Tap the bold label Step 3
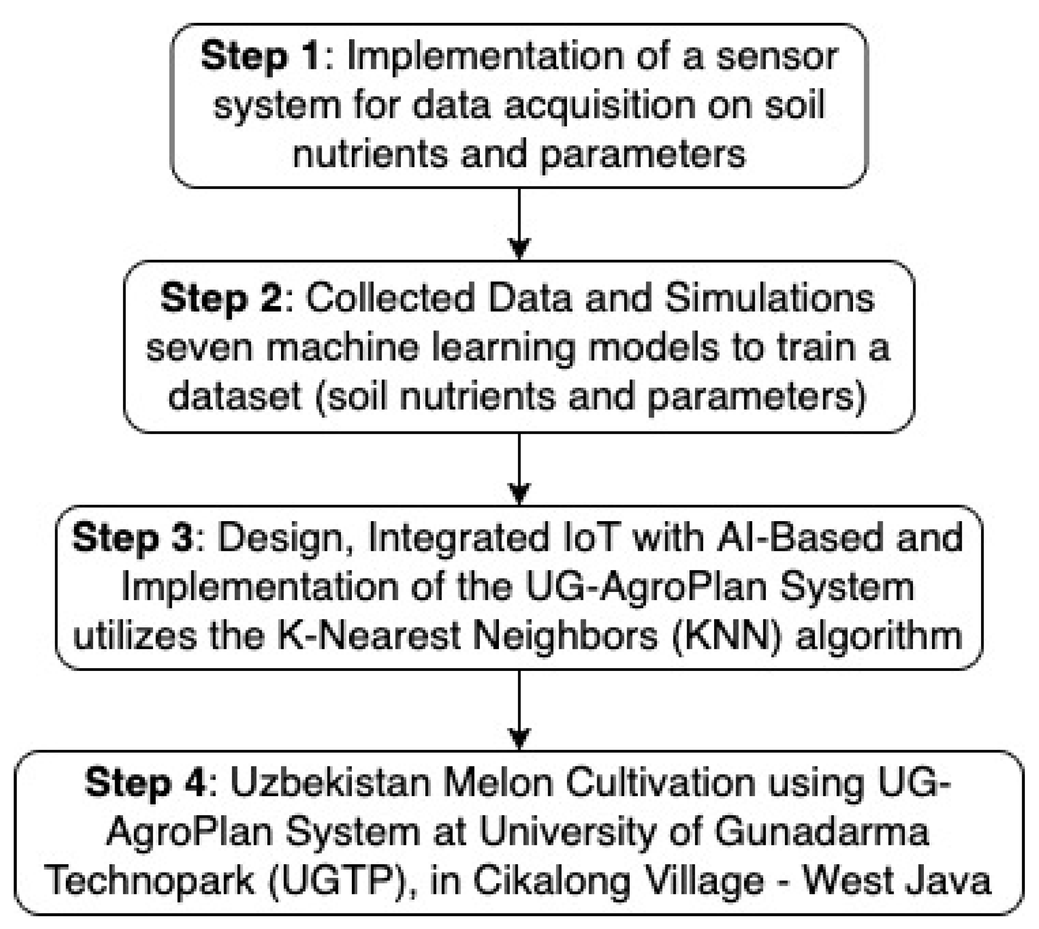pyautogui.click(x=133, y=538)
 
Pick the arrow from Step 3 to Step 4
pyautogui.click(x=519, y=709)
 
